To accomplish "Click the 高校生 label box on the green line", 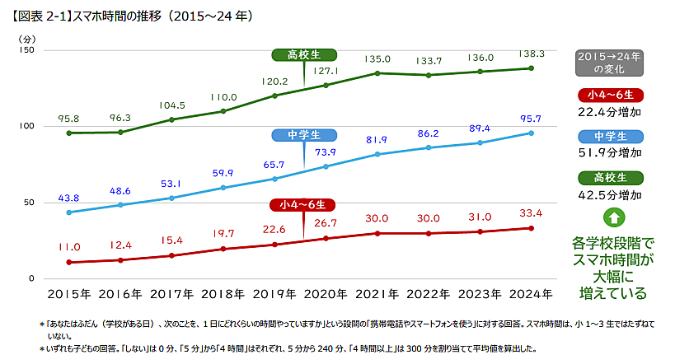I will (303, 55).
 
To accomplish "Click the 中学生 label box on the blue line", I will (303, 135).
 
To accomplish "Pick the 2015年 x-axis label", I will (70, 293).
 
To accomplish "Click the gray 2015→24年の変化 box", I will (610, 63).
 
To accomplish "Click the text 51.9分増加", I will (610, 152).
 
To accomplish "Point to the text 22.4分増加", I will (610, 111).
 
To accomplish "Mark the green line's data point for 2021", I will (377, 73).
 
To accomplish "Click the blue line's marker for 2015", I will (69, 212).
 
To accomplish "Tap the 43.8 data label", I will (69, 198).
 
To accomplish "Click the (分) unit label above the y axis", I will (27, 38).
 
